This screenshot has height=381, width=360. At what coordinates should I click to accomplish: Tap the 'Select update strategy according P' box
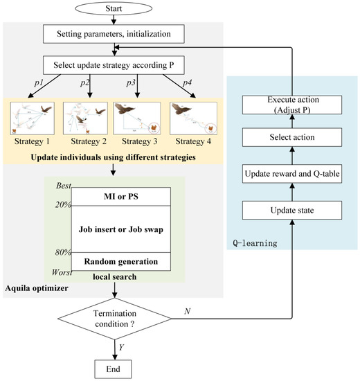tap(115, 67)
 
